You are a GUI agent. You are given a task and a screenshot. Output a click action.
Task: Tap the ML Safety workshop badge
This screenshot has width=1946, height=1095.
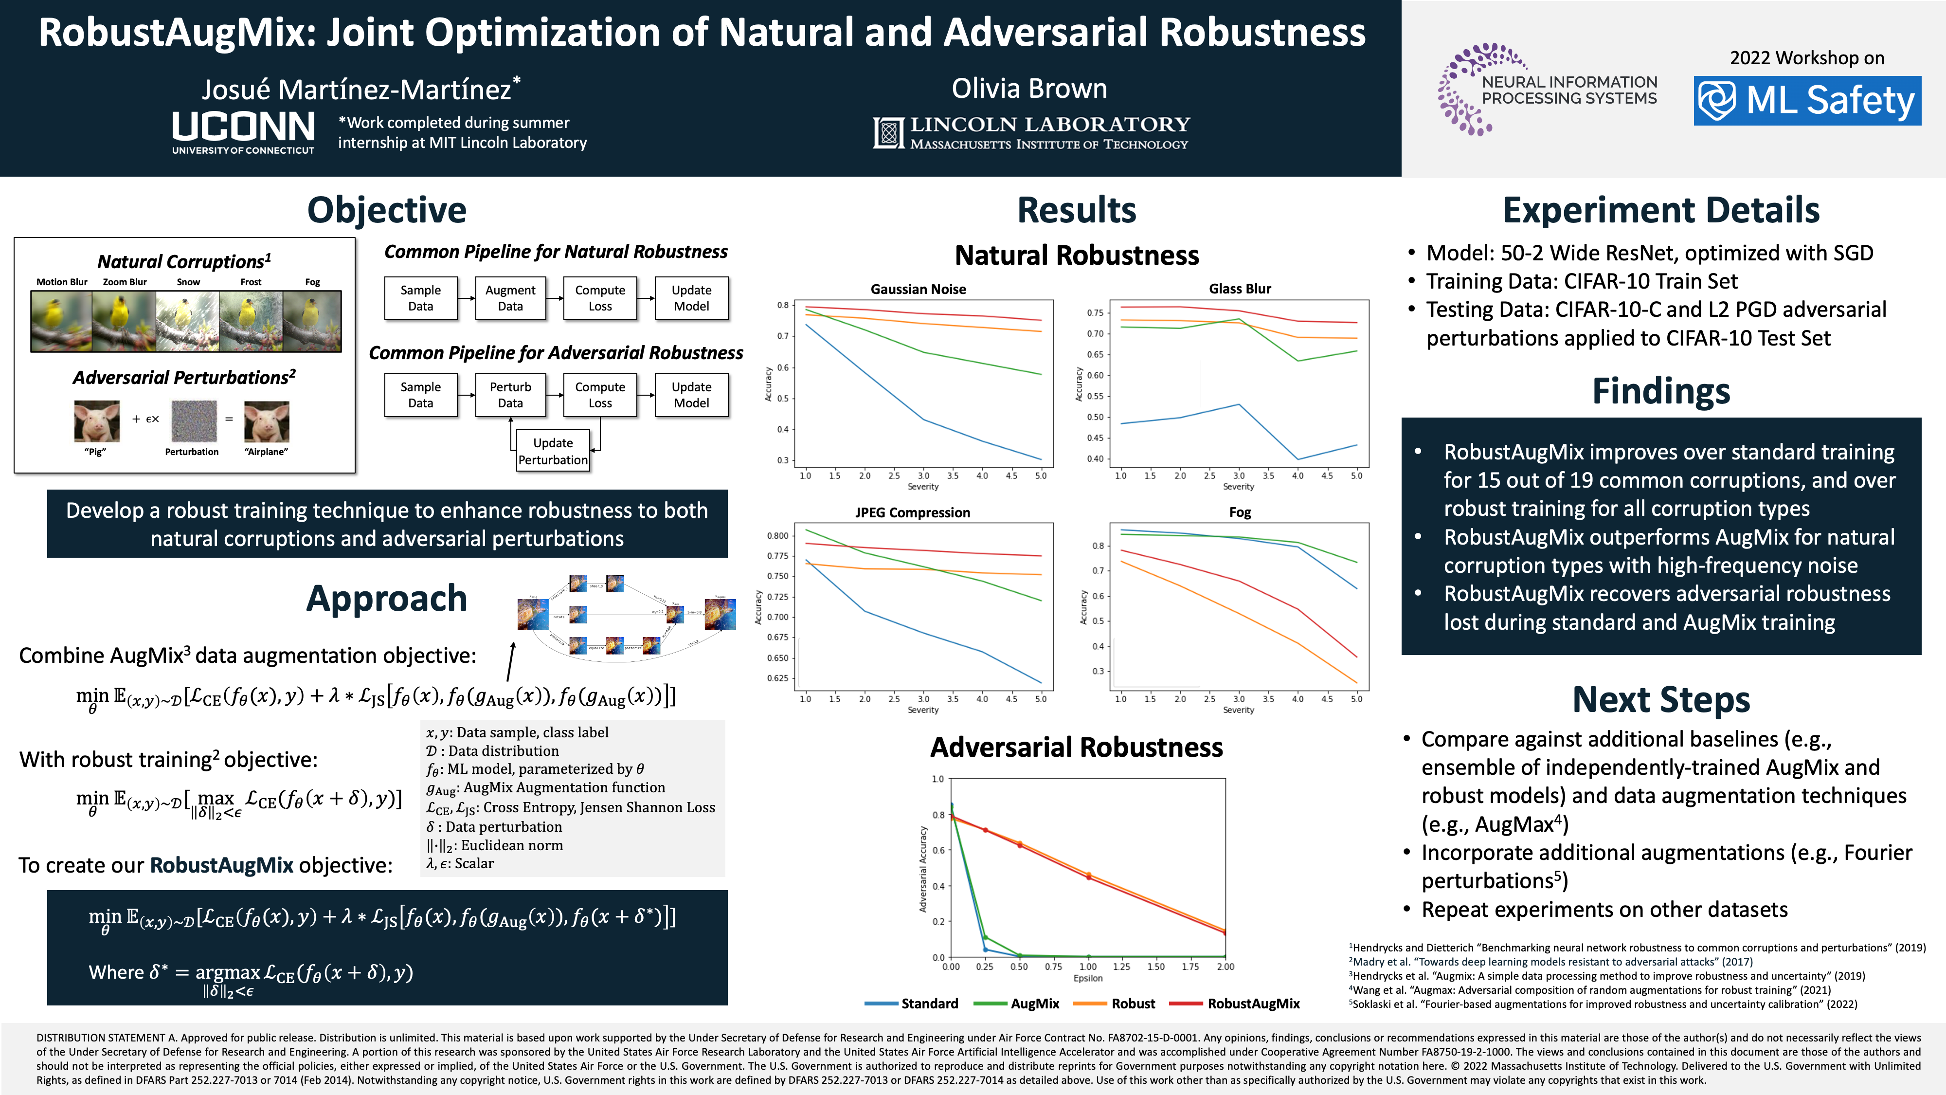click(1806, 101)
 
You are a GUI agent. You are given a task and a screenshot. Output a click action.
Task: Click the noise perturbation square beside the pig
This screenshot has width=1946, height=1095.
click(194, 421)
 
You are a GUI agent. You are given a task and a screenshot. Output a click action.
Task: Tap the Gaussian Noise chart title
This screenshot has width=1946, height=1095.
click(918, 289)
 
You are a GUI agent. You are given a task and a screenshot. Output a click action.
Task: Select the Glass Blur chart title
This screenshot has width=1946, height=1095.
click(1239, 289)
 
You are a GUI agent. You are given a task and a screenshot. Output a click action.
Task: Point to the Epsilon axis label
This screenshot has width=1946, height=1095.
click(1088, 978)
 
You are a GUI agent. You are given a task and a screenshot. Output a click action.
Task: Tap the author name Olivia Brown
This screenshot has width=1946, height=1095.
click(1029, 89)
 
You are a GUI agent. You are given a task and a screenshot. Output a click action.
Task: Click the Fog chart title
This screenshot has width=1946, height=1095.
click(1239, 512)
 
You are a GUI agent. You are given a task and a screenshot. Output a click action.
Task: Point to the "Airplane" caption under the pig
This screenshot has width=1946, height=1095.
click(266, 452)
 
